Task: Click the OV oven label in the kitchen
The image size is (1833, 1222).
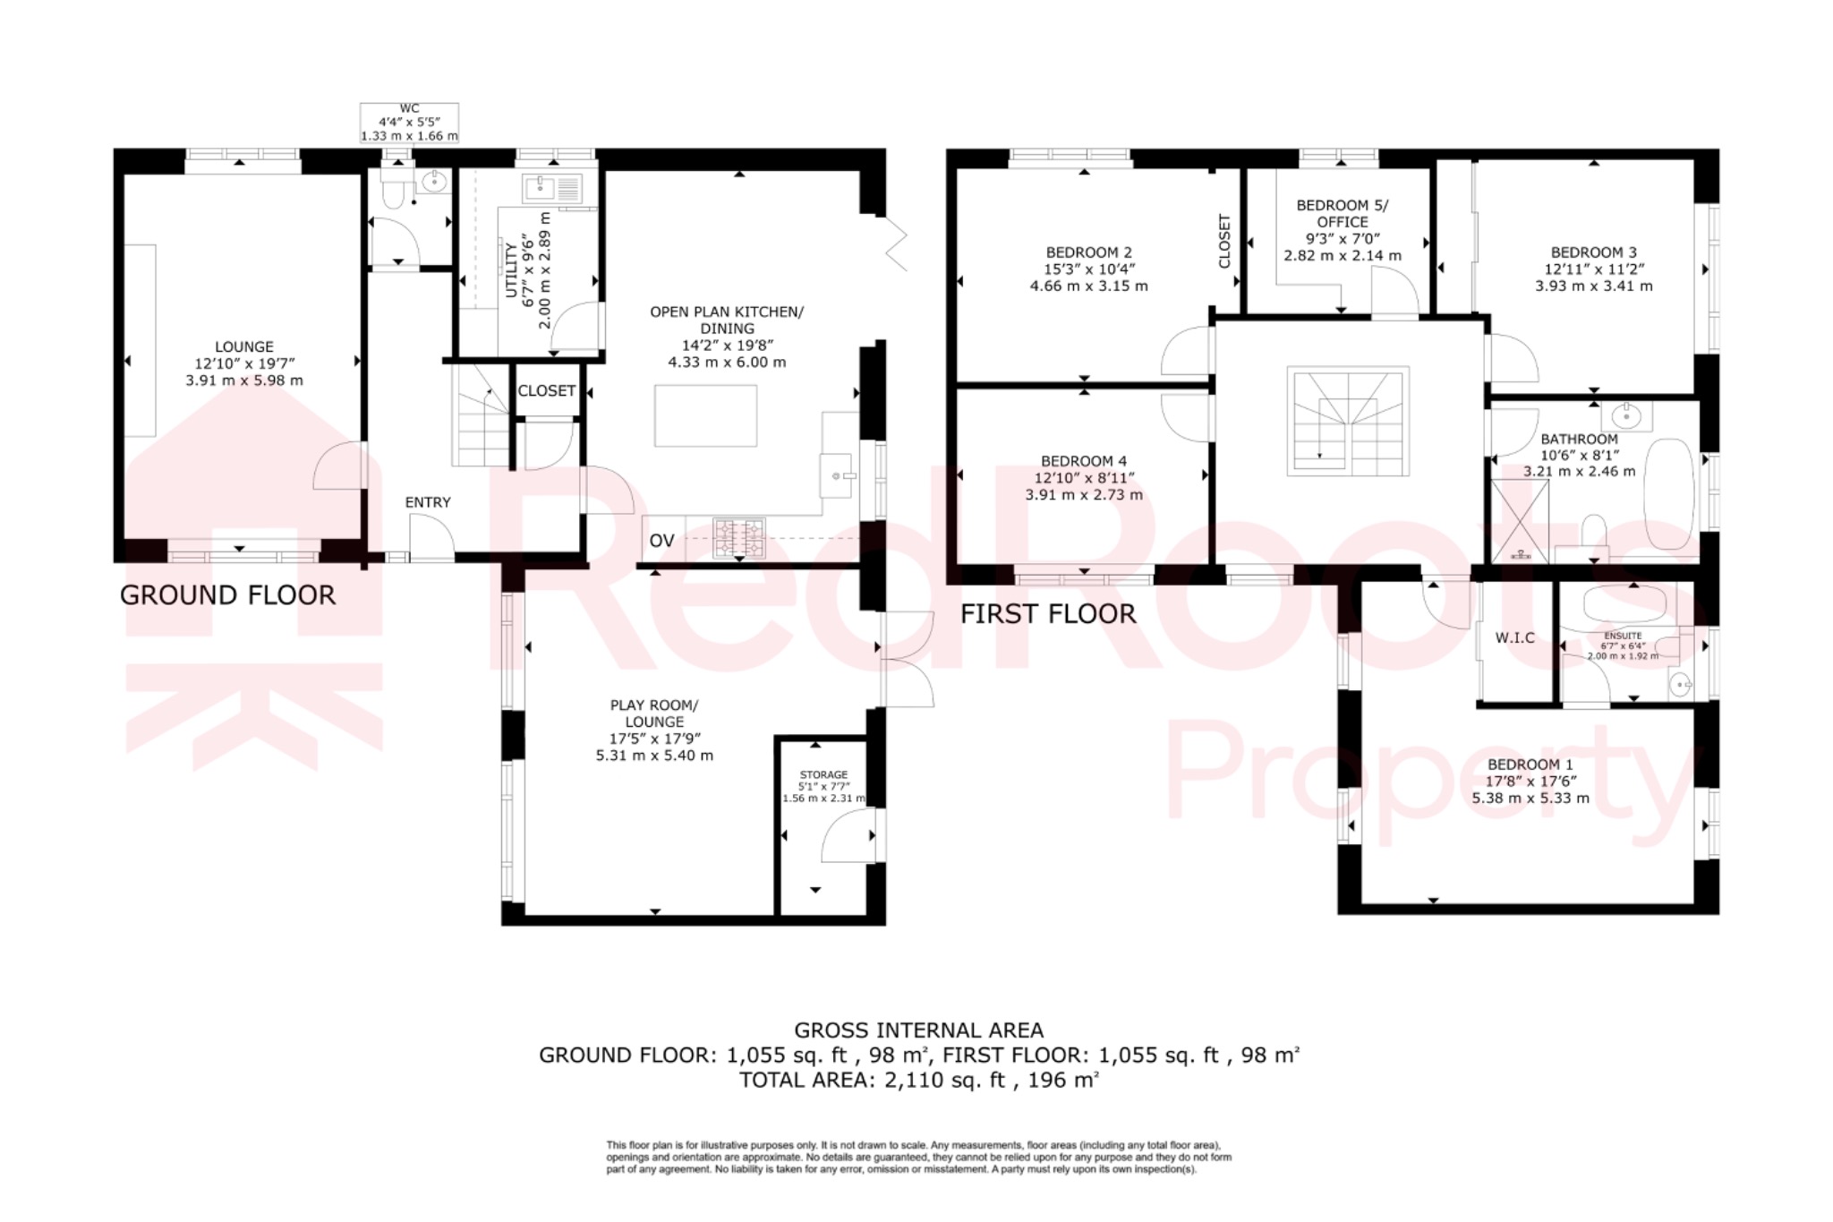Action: [x=661, y=540]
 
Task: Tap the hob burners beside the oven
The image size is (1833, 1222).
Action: [x=738, y=538]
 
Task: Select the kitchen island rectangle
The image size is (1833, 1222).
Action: [x=705, y=415]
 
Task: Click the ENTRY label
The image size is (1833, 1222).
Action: [x=428, y=502]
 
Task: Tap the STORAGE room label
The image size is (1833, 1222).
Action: [x=823, y=774]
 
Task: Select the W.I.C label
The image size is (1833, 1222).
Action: [x=1514, y=637]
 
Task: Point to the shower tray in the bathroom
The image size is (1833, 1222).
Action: [x=1519, y=521]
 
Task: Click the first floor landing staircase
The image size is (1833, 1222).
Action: [x=1348, y=421]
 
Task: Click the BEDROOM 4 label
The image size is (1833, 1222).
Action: [x=1083, y=462]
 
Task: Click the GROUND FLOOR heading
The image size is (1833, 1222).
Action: [x=227, y=595]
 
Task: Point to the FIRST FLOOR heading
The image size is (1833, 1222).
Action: [x=1047, y=614]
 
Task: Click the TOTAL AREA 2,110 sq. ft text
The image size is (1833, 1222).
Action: [x=918, y=1080]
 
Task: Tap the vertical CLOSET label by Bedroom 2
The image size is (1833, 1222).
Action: [x=1224, y=241]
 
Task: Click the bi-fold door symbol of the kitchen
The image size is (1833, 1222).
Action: [x=896, y=243]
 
